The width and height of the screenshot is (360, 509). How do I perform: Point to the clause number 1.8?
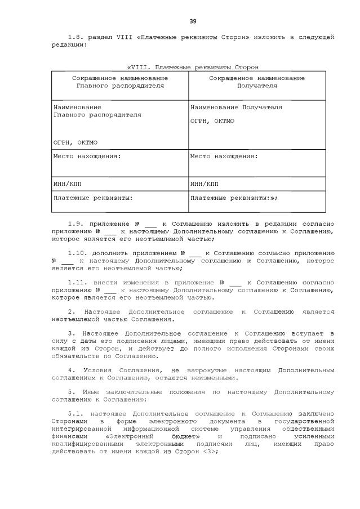tap(75, 37)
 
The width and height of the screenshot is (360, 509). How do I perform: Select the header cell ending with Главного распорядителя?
tap(120, 82)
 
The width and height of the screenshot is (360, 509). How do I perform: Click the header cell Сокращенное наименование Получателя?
tap(257, 82)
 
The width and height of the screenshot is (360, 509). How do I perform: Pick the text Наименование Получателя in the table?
tap(236, 107)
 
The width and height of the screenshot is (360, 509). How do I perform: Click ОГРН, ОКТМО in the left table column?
tap(75, 142)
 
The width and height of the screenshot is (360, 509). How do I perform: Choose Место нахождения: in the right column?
tap(224, 156)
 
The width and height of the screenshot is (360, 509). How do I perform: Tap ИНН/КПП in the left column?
tap(65, 184)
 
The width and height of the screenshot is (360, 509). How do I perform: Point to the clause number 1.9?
tap(75, 224)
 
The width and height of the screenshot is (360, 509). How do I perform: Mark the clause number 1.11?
tap(77, 282)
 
